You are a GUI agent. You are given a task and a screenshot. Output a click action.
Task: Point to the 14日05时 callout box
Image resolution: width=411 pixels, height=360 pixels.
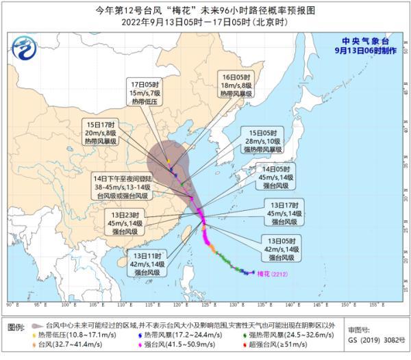278,177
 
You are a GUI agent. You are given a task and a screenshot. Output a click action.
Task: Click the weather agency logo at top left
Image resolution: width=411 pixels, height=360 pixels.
26,49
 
